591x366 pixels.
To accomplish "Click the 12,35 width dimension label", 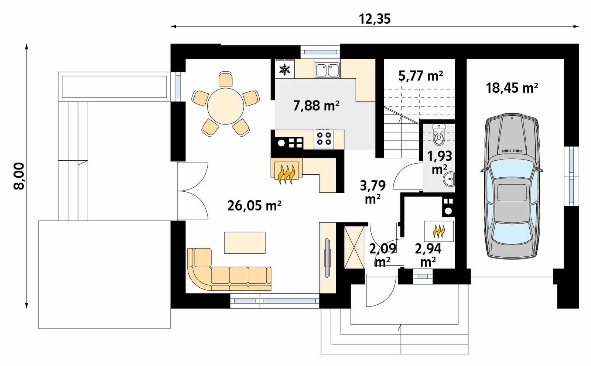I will (x=375, y=18).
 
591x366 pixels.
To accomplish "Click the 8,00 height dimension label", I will (x=19, y=176).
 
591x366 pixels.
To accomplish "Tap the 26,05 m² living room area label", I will (x=254, y=205).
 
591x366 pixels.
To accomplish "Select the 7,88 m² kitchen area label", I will (x=316, y=106).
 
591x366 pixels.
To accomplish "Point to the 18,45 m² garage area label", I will (x=512, y=88).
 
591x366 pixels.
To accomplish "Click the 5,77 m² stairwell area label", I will (x=421, y=76).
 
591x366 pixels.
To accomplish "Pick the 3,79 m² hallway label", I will (x=373, y=192).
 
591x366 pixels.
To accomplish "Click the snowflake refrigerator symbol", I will (x=285, y=69).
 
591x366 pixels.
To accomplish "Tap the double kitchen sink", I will (x=327, y=70).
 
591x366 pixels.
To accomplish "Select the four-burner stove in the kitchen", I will (x=324, y=138).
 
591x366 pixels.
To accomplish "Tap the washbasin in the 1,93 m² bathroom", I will (x=450, y=179).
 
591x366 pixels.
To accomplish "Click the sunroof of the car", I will (x=512, y=192).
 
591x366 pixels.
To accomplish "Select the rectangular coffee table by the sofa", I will (x=245, y=243).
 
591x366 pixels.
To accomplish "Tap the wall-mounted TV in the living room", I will (x=327, y=258).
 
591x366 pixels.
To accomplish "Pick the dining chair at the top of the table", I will (x=226, y=79).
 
